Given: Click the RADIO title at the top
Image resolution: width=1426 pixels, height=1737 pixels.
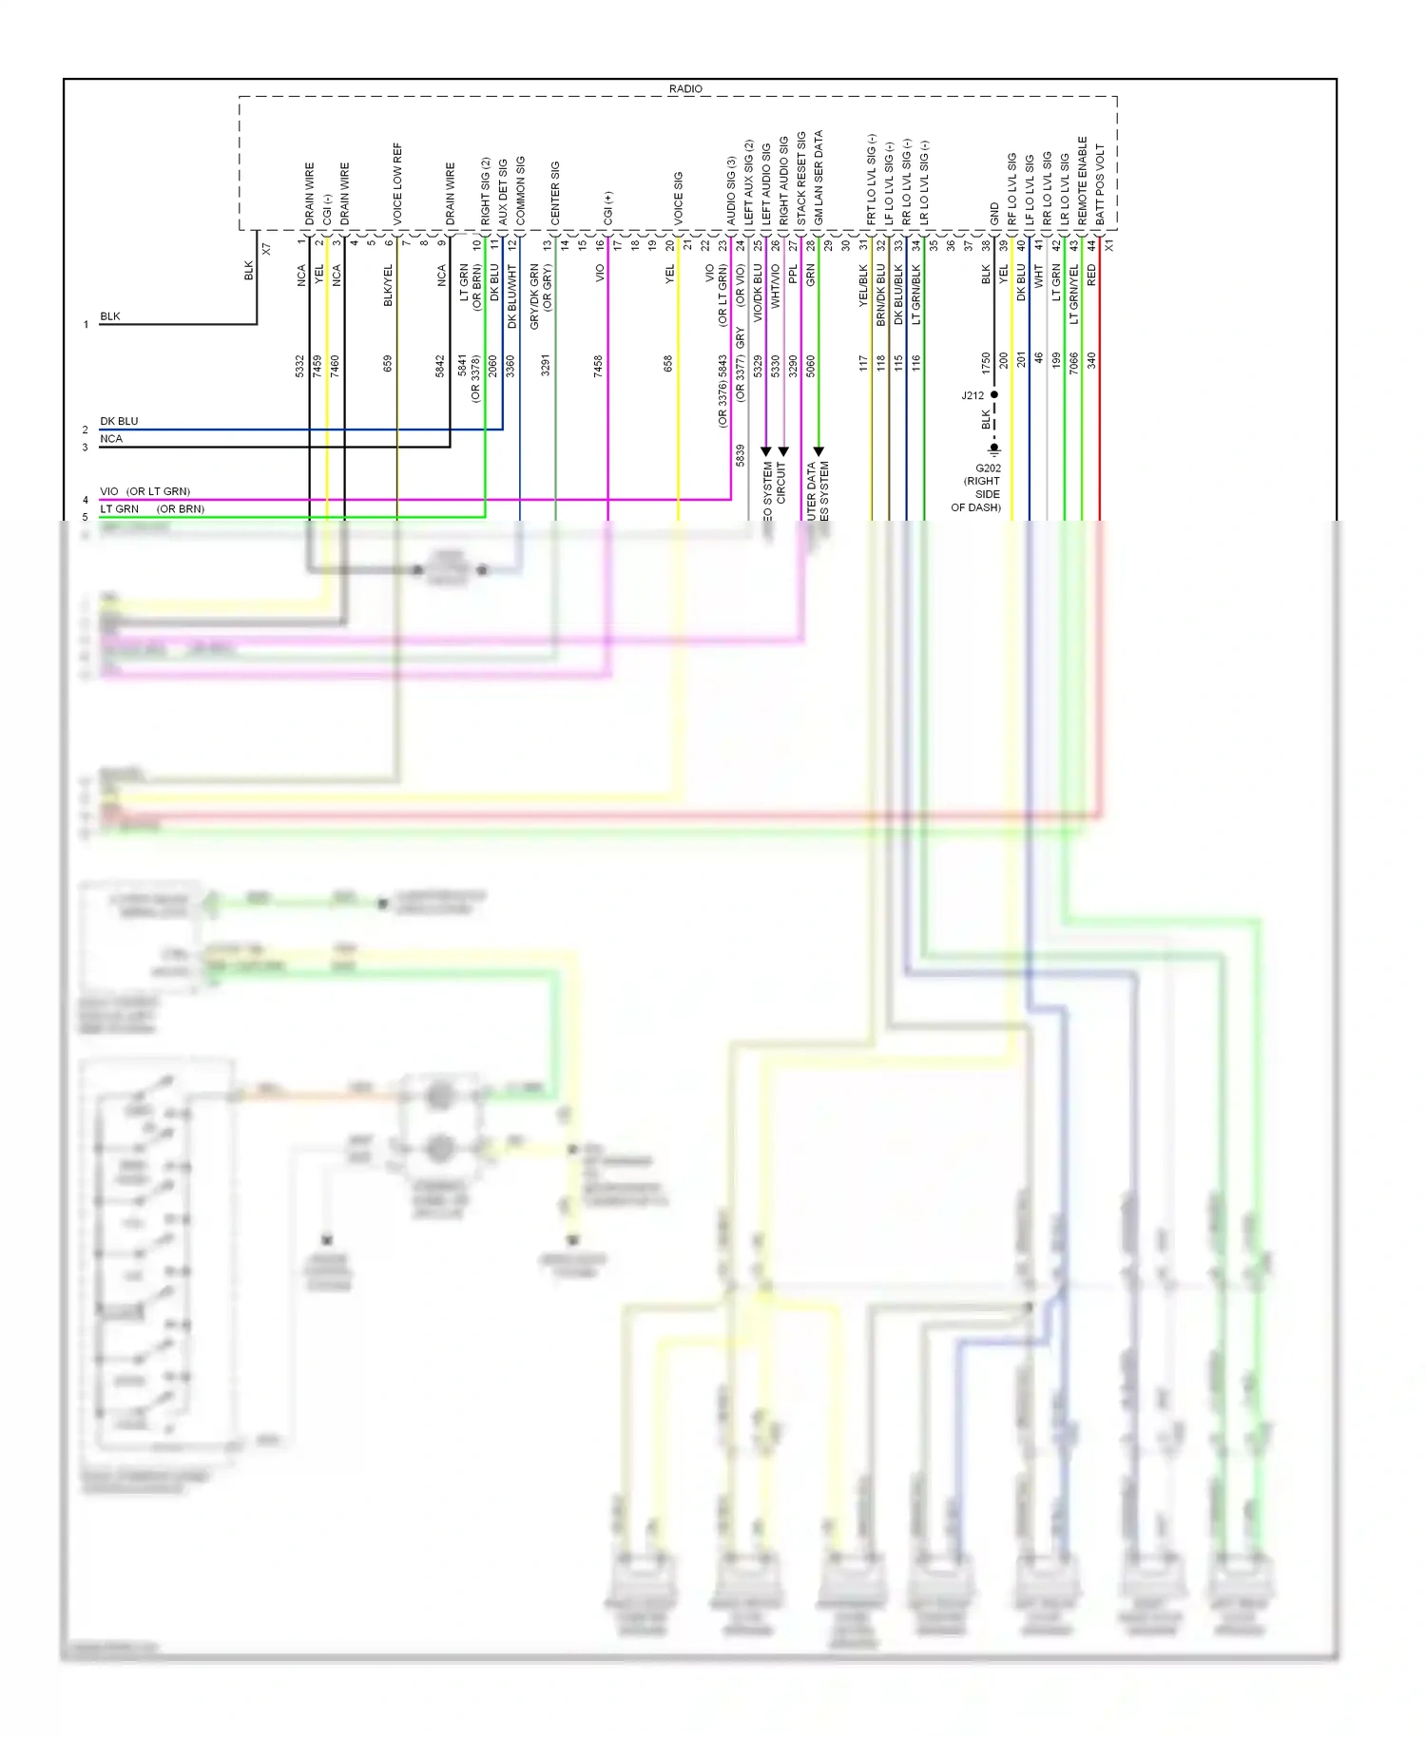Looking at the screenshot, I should coord(684,88).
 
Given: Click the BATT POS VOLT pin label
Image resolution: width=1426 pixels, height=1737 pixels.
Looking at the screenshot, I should coord(1100,184).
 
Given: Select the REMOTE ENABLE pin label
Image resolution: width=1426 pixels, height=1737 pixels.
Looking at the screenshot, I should coord(1082,181).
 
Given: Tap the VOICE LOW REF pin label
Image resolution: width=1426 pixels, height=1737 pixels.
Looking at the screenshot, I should coord(397,183).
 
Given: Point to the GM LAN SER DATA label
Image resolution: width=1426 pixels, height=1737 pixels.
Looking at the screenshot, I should coord(819,178).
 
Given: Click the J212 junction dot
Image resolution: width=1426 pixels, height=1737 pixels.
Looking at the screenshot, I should coord(994,394).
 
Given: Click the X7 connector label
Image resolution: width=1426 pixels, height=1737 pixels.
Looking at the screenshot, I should coord(266,249).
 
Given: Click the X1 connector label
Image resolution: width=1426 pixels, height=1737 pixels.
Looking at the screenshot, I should coord(1109,245).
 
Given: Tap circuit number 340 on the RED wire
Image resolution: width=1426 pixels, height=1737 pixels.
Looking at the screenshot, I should coord(1091,360).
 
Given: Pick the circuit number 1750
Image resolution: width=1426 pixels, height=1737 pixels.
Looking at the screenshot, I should coord(986,362).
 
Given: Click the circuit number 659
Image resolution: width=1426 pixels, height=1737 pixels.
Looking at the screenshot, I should coord(388,363).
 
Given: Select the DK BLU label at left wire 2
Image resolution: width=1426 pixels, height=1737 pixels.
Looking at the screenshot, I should coord(119,421).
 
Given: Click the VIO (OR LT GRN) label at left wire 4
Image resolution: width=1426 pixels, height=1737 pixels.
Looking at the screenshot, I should coord(145,491).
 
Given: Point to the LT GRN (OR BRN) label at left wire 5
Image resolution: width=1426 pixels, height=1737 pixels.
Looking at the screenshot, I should coord(152,509).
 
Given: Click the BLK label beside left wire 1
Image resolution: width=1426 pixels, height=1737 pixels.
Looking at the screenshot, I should coord(110,316).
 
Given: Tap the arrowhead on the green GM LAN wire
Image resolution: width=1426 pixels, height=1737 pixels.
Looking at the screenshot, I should coord(819,451).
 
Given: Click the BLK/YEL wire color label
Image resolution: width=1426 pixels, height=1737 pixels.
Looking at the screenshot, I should coord(388,285).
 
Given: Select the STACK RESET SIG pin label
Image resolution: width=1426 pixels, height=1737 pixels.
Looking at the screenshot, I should coord(800,178).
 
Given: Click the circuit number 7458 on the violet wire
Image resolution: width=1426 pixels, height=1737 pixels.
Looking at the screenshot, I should coord(598,366).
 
